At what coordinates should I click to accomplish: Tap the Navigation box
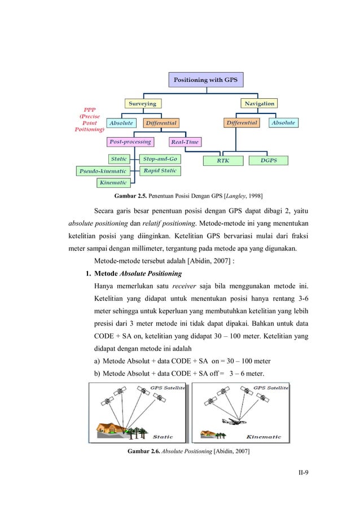pyautogui.click(x=259, y=103)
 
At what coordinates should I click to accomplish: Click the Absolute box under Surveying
pyautogui.click(x=121, y=122)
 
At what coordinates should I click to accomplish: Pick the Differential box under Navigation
pyautogui.click(x=242, y=122)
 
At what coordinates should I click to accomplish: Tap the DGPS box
pyautogui.click(x=268, y=161)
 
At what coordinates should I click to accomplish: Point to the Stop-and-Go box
pyautogui.click(x=160, y=159)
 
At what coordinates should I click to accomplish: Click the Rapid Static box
pyautogui.click(x=160, y=170)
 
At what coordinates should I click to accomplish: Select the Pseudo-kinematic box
pyautogui.click(x=102, y=170)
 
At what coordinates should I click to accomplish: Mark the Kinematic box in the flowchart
pyautogui.click(x=113, y=182)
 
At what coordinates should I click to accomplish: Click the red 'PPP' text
pyautogui.click(x=89, y=109)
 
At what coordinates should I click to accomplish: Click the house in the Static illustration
pyautogui.click(x=115, y=427)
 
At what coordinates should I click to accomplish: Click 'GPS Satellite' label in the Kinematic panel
pyautogui.click(x=271, y=388)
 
